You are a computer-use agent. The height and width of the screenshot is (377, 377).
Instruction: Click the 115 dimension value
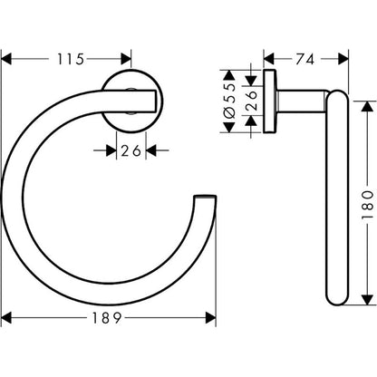tap(71, 59)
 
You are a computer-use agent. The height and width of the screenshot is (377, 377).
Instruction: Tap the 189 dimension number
tap(107, 318)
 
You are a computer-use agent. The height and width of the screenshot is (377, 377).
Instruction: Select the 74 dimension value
tap(305, 59)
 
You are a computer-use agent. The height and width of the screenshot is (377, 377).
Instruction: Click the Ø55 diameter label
tap(230, 100)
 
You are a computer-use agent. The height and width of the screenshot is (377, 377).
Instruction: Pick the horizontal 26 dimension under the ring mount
tap(131, 150)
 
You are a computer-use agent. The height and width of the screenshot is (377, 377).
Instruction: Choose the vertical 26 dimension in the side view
tap(251, 101)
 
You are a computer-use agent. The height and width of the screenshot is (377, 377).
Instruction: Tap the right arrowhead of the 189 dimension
tap(210, 318)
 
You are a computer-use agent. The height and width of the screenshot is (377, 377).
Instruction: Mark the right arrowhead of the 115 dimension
tap(126, 59)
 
